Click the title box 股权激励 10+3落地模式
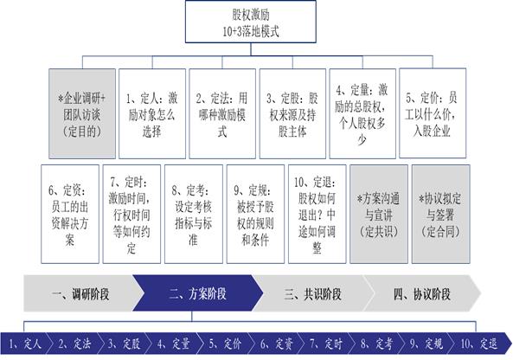click(x=251, y=22)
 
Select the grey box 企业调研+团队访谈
click(x=82, y=113)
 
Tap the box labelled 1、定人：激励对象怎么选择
click(x=152, y=113)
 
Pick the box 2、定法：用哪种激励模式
click(x=222, y=113)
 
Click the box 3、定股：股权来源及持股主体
click(x=292, y=113)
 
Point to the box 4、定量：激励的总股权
click(x=362, y=113)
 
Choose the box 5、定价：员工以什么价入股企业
click(x=433, y=113)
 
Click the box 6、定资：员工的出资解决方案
click(x=70, y=214)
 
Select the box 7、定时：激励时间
click(x=131, y=214)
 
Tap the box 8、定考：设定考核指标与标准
click(x=194, y=214)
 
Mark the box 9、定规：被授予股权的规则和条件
click(x=255, y=214)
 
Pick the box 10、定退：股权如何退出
click(x=317, y=214)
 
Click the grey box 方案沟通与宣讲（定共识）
click(x=379, y=214)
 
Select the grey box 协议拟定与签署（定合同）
click(x=440, y=214)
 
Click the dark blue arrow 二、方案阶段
click(x=198, y=293)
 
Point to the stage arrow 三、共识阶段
click(x=313, y=293)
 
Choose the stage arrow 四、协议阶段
click(x=422, y=293)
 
